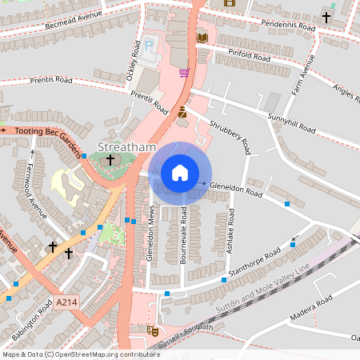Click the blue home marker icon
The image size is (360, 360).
pyautogui.click(x=180, y=173)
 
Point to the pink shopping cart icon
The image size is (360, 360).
pyautogui.click(x=185, y=73)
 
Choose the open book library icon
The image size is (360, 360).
pyautogui.click(x=202, y=38)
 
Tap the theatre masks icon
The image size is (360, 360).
pyautogui.click(x=153, y=330)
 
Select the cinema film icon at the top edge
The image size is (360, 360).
pyautogui.click(x=230, y=3)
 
